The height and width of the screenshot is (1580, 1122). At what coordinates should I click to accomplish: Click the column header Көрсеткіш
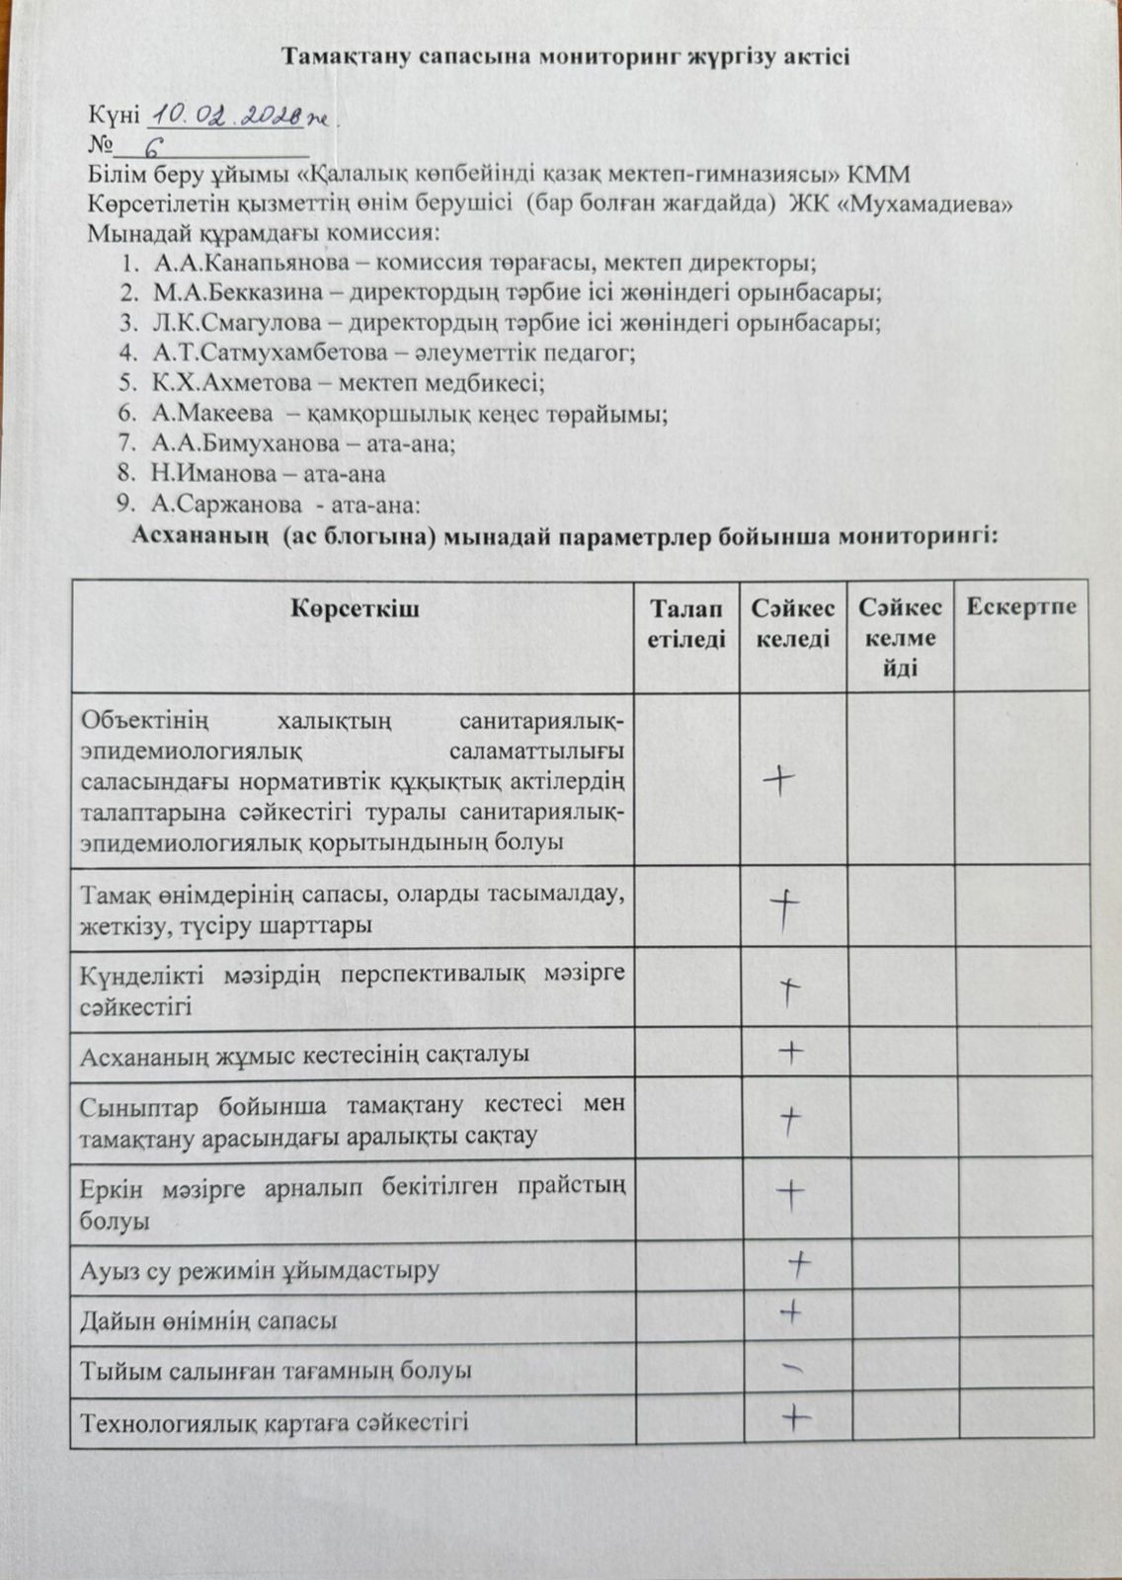(354, 608)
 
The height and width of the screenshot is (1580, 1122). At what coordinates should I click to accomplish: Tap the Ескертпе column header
(1021, 607)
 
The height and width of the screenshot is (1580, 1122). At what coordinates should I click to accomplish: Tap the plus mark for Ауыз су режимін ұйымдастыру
(799, 1261)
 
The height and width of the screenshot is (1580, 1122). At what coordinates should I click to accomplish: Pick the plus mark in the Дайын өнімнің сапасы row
(790, 1312)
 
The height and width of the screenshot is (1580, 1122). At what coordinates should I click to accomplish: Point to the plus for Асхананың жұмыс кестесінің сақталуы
(790, 1053)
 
